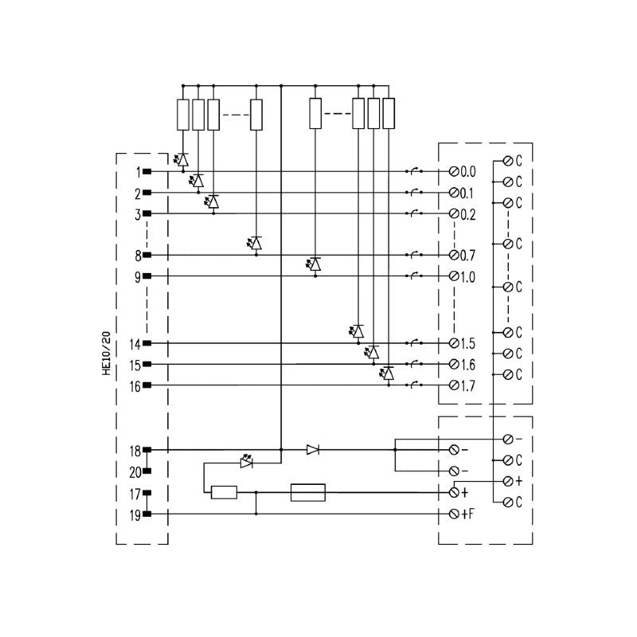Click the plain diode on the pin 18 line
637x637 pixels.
click(313, 450)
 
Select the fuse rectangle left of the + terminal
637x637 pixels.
click(308, 493)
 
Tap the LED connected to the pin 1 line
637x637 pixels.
click(183, 160)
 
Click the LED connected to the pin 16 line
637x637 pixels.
click(388, 373)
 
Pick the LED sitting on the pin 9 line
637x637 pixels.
click(315, 264)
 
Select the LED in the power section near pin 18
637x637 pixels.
click(247, 461)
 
